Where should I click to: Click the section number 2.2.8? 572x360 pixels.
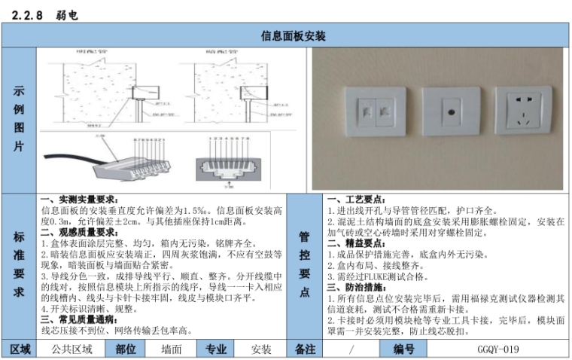(28, 14)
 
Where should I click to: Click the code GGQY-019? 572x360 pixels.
(497, 349)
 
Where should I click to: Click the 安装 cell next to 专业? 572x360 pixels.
(261, 349)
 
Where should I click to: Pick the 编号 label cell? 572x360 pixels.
(404, 349)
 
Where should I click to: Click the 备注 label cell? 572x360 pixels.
(306, 349)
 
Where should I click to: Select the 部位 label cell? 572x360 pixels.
(126, 349)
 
